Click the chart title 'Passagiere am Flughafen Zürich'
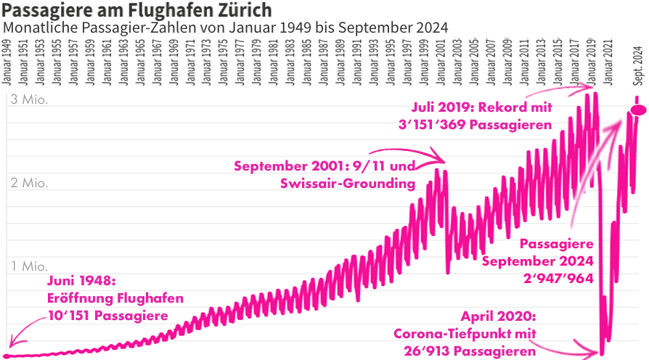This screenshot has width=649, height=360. pos(138,10)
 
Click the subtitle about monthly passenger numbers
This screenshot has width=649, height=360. pos(225,27)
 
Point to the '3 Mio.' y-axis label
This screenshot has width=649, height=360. pos(29,100)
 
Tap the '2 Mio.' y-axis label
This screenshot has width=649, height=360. pos(29,183)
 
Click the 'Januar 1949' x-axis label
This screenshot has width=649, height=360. pos(7,64)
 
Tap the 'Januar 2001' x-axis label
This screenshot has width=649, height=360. pos(441,64)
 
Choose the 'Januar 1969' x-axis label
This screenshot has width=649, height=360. pos(174,64)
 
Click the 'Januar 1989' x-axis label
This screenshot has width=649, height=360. pos(340,64)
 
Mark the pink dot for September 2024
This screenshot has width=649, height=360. pos(639,110)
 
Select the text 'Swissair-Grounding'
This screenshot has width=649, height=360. pos(347,183)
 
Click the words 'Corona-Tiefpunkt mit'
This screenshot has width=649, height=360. pos(465,334)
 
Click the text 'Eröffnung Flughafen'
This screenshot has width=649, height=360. pos(115,298)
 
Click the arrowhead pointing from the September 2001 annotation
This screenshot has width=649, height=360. pos(443,155)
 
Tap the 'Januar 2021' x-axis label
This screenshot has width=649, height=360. pos(608,64)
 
